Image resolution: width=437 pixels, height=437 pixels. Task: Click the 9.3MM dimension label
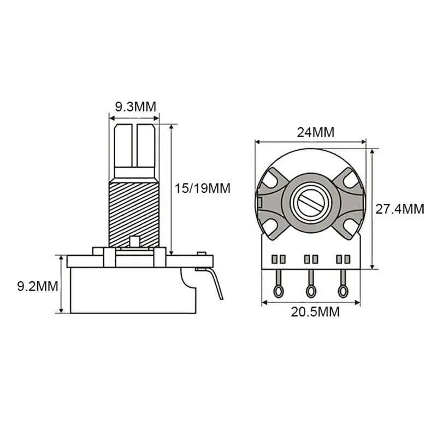coord(134,107)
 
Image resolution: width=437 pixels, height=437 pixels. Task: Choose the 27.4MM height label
coord(400,208)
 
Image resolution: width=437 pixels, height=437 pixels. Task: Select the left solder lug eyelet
coord(279,291)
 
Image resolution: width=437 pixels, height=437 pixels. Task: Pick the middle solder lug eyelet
coord(311,291)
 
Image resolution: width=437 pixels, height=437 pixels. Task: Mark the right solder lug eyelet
coord(343,291)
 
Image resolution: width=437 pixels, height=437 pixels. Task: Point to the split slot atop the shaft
coord(134,145)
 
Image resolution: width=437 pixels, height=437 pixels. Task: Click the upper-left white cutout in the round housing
coord(273,178)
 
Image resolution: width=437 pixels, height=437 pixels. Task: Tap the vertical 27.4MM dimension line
coord(373,208)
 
